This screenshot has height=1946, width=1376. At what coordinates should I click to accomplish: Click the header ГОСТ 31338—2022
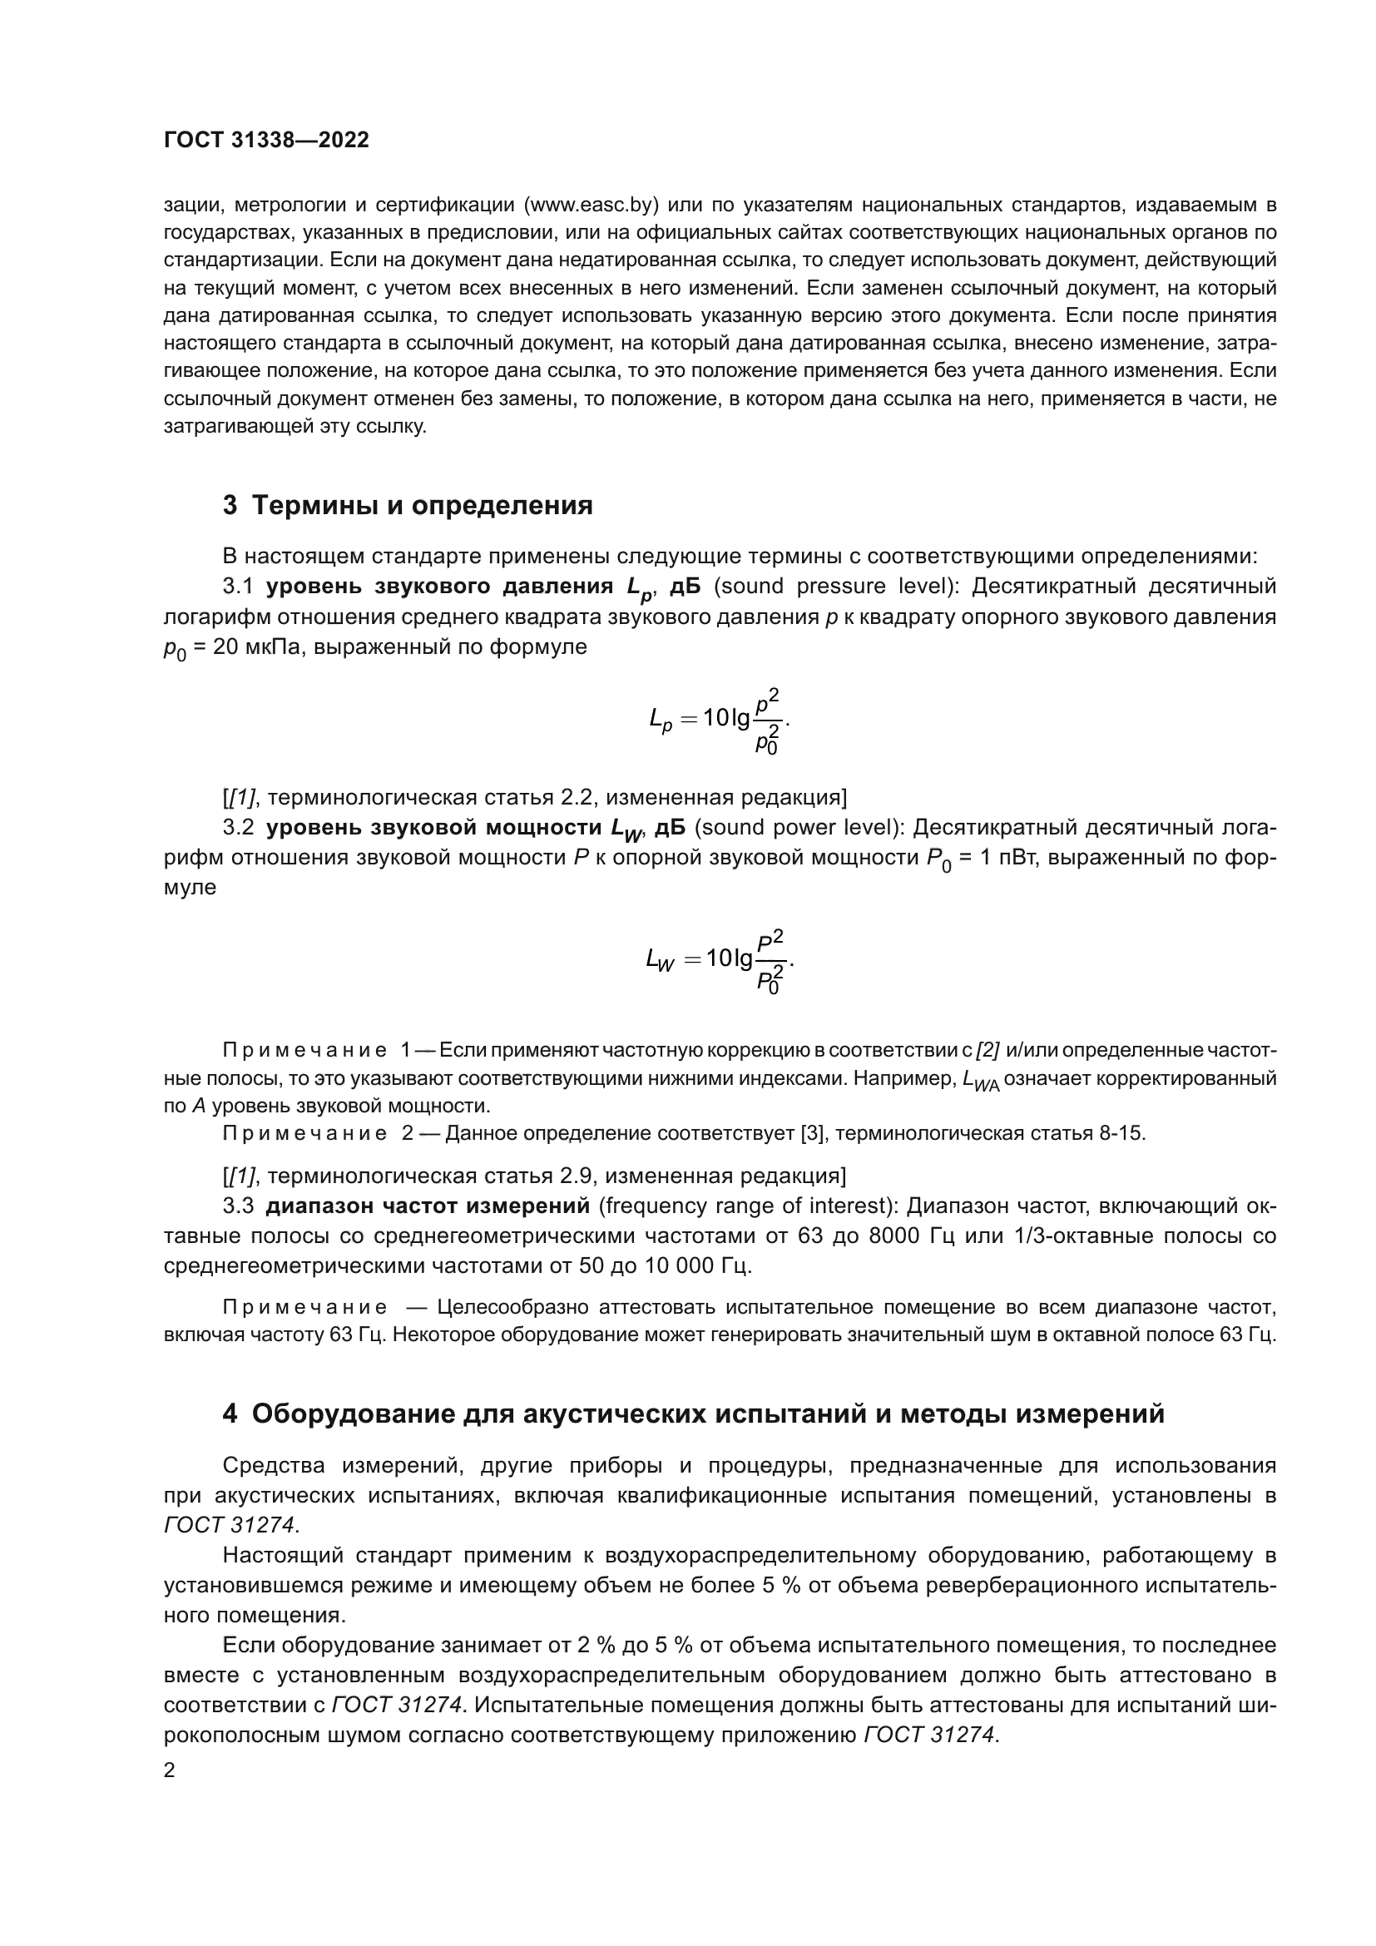pos(266,140)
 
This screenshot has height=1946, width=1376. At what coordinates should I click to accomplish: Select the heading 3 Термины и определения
pos(408,506)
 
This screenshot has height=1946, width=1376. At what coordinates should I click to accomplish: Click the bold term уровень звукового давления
pos(440,587)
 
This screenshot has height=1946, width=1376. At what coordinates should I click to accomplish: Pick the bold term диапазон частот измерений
pos(427,1206)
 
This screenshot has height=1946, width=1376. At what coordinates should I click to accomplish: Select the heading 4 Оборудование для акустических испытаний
pos(693,1414)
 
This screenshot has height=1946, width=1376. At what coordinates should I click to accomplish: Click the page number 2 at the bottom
pos(170,1770)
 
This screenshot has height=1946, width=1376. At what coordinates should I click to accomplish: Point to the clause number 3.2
pos(238,827)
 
